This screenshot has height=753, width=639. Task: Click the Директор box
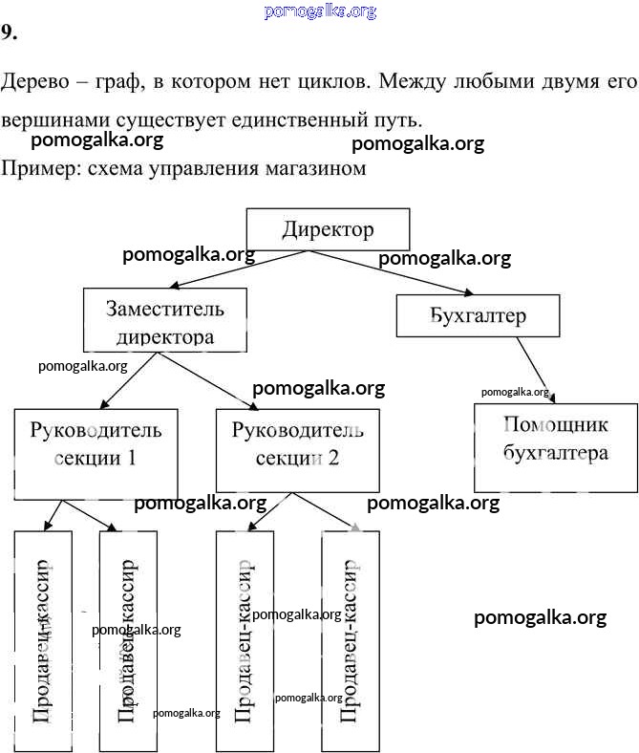pyautogui.click(x=328, y=229)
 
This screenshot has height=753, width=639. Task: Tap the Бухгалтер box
pyautogui.click(x=478, y=315)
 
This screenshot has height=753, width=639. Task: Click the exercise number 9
pyautogui.click(x=9, y=33)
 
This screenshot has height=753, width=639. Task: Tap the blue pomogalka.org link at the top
pyautogui.click(x=319, y=11)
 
